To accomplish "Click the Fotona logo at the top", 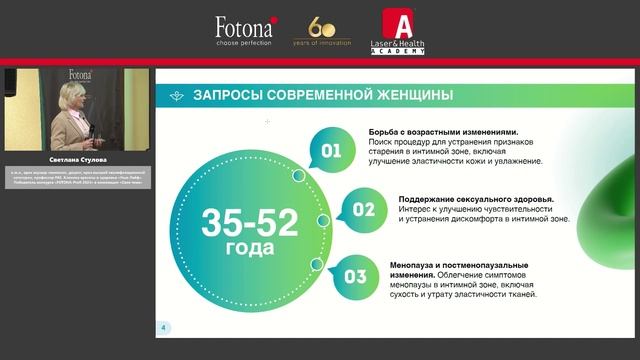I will (x=245, y=25).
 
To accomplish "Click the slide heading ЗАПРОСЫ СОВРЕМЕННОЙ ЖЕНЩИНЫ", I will (x=322, y=96).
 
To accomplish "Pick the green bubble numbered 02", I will (x=362, y=210).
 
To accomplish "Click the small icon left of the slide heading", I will (x=177, y=96).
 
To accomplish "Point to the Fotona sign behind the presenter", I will (x=80, y=75).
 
